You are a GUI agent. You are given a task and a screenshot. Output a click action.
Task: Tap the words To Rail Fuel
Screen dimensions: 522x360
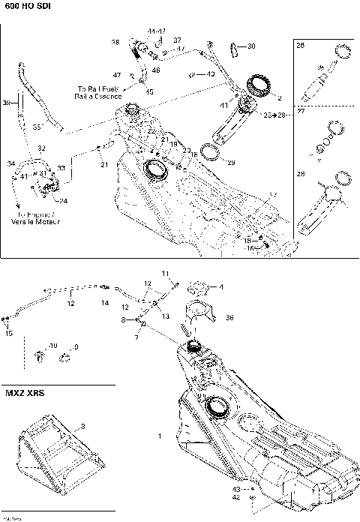click(x=92, y=88)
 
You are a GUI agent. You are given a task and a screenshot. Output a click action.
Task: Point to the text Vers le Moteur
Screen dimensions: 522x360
click(x=36, y=223)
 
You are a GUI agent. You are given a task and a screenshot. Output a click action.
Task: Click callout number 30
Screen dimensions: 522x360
click(x=250, y=46)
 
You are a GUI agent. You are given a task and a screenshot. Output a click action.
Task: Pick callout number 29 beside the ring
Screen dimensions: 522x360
click(x=231, y=163)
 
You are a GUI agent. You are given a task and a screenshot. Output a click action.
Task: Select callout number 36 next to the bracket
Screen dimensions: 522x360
click(x=229, y=317)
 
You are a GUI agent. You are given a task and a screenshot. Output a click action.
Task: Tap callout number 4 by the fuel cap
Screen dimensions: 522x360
click(x=220, y=286)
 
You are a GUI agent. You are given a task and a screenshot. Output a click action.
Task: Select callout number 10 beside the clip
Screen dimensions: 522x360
click(x=53, y=346)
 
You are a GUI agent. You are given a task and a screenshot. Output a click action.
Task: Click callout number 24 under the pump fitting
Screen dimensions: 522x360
click(x=63, y=200)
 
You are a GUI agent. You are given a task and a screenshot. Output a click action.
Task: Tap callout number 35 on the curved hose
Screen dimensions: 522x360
click(x=36, y=128)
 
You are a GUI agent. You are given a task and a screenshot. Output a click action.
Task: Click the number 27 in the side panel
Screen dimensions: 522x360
click(x=301, y=109)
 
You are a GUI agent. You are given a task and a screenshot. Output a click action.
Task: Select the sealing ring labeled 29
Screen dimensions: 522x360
click(x=212, y=154)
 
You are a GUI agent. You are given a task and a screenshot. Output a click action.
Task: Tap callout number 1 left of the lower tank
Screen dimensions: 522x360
click(x=158, y=436)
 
